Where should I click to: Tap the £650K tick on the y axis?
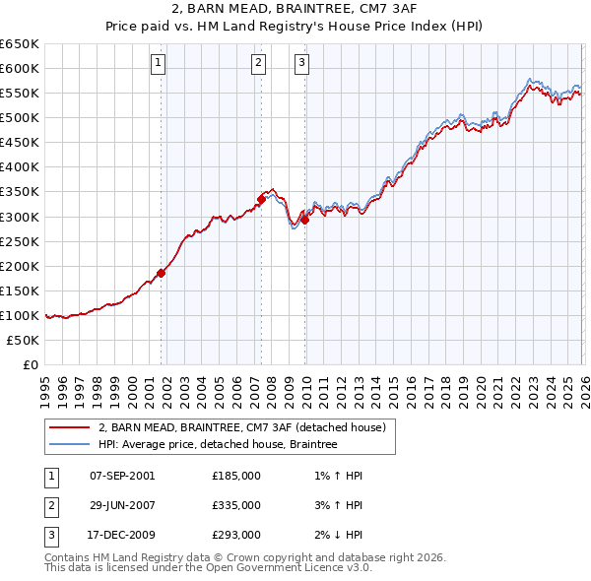(20, 44)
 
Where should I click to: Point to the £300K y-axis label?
(20, 217)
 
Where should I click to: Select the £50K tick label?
(24, 340)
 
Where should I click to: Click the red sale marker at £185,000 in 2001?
(161, 274)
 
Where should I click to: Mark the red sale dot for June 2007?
(261, 199)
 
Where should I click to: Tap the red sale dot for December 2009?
(304, 220)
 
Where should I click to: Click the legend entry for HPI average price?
(217, 445)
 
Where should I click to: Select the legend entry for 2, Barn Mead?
(246, 427)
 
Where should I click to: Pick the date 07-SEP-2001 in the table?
(122, 476)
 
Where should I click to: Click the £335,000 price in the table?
(236, 505)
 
